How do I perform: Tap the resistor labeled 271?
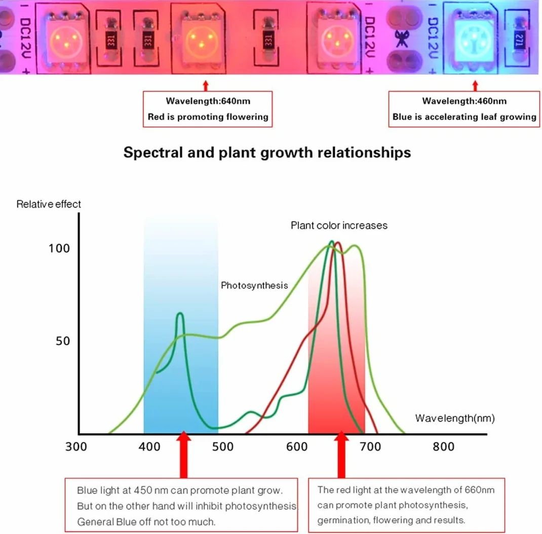click(519, 39)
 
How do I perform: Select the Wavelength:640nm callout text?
click(208, 101)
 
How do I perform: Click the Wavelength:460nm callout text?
click(464, 101)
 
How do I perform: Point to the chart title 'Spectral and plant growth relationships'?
click(267, 152)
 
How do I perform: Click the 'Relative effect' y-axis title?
click(49, 204)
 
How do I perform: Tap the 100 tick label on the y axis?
click(59, 248)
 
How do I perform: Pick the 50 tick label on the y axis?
click(63, 341)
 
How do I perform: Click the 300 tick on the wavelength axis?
click(76, 446)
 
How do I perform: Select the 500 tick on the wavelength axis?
click(222, 446)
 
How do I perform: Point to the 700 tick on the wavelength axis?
click(370, 446)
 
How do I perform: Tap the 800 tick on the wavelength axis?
click(444, 446)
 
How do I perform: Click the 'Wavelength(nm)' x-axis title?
click(455, 418)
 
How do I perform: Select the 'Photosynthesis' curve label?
click(254, 285)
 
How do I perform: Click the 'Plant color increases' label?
click(339, 225)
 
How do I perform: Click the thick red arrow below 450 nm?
click(183, 454)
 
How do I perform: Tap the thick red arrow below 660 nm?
click(341, 454)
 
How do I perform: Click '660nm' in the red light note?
click(479, 490)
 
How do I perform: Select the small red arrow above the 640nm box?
click(206, 86)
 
